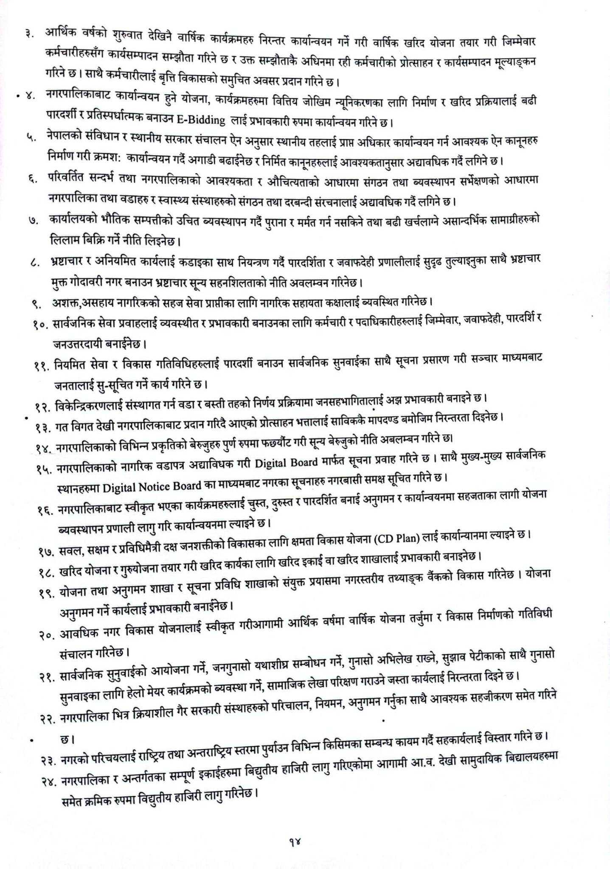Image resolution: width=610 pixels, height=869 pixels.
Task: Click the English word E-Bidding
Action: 200,121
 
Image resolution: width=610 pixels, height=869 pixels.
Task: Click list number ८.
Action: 35,265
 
